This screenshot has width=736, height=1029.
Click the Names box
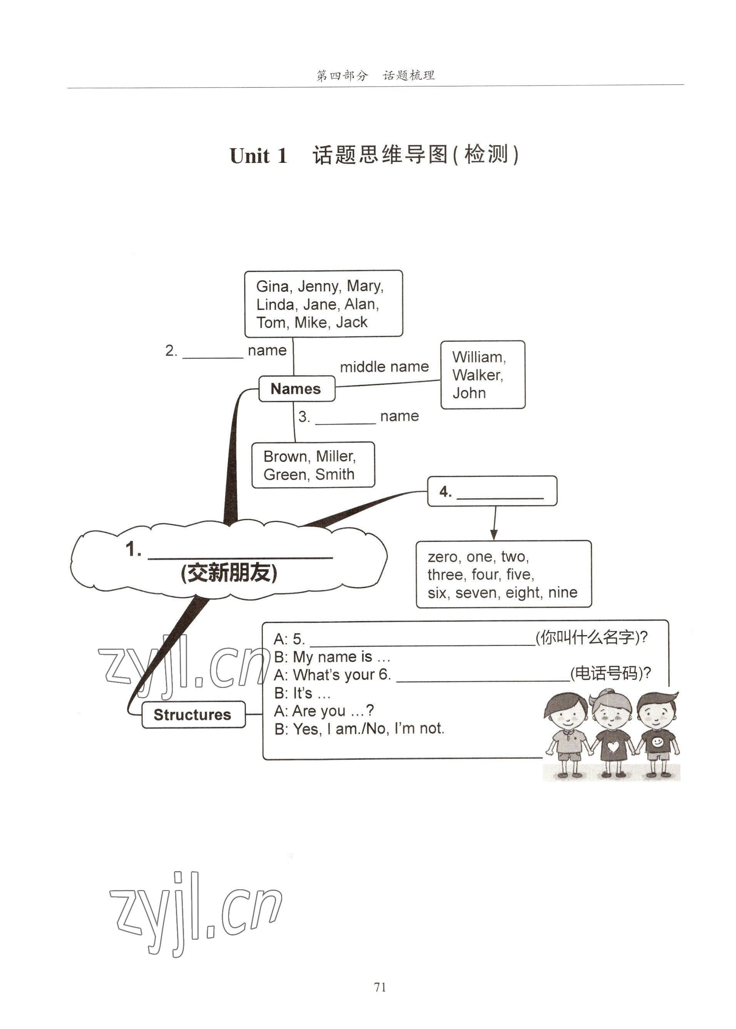296,388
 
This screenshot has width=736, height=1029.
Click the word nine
562,593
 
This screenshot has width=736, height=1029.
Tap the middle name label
384,366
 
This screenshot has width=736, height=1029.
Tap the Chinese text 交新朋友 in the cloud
229,573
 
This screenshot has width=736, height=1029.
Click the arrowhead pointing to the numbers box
494,535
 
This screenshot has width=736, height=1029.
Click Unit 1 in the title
258,156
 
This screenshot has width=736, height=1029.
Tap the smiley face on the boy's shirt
657,742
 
